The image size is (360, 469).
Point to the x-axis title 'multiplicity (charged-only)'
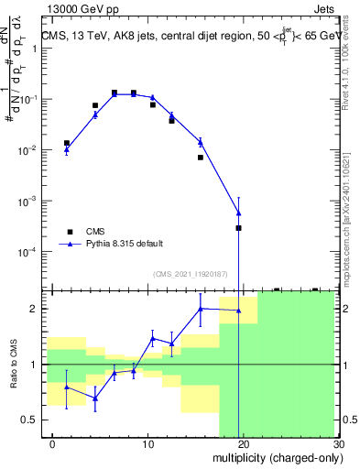coord(277,458)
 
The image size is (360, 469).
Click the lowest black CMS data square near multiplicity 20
coord(239,227)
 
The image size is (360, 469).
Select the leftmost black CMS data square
coord(66,143)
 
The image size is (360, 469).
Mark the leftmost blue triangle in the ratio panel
coord(66,387)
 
